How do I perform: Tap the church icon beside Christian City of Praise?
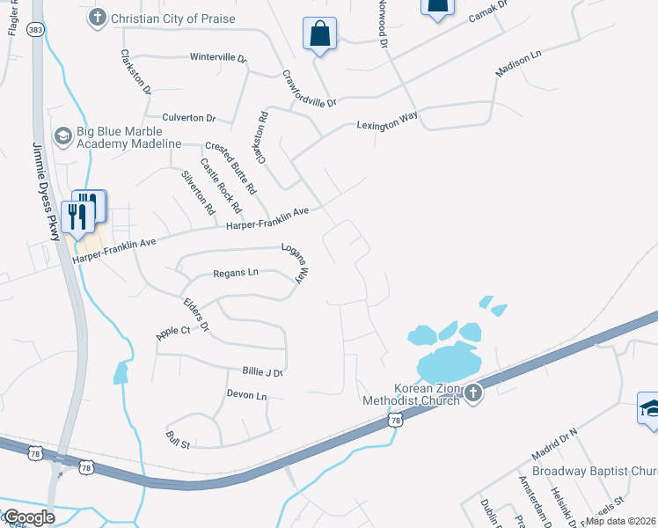97,17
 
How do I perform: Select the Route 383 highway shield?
34,28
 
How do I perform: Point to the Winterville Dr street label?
218,57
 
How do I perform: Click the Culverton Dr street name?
188,117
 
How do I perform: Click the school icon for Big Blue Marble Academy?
62,136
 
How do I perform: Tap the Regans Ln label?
236,273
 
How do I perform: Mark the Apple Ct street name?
172,331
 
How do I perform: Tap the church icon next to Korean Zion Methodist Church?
473,392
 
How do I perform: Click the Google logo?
30,517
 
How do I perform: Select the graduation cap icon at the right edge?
649,408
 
